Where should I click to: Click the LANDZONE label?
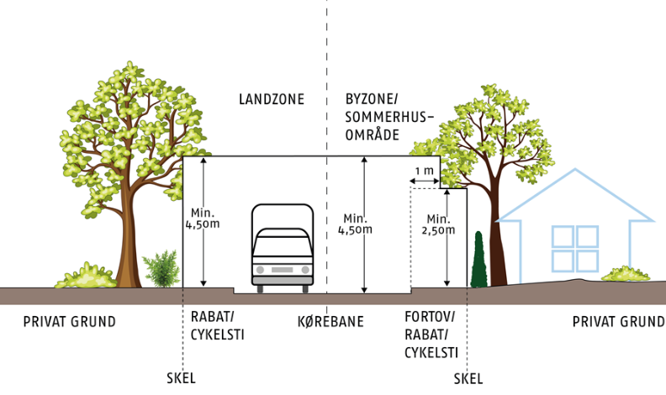click(272, 99)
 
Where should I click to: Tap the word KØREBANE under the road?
click(330, 321)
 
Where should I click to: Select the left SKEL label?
click(182, 377)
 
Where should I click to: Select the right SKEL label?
click(468, 378)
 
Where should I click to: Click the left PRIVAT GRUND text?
click(69, 322)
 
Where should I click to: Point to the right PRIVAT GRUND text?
click(618, 322)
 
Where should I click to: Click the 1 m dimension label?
click(425, 171)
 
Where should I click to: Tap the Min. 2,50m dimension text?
click(438, 224)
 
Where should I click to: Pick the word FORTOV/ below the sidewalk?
click(430, 317)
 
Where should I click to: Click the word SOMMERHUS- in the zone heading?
click(389, 117)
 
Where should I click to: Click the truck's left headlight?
click(261, 270)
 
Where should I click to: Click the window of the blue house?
click(575, 249)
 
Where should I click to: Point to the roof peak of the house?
click(575, 170)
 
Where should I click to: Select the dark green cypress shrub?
click(478, 259)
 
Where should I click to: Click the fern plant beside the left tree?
click(161, 269)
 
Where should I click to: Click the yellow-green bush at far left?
click(87, 276)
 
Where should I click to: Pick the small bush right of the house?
click(626, 274)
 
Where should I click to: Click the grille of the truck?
click(282, 270)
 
